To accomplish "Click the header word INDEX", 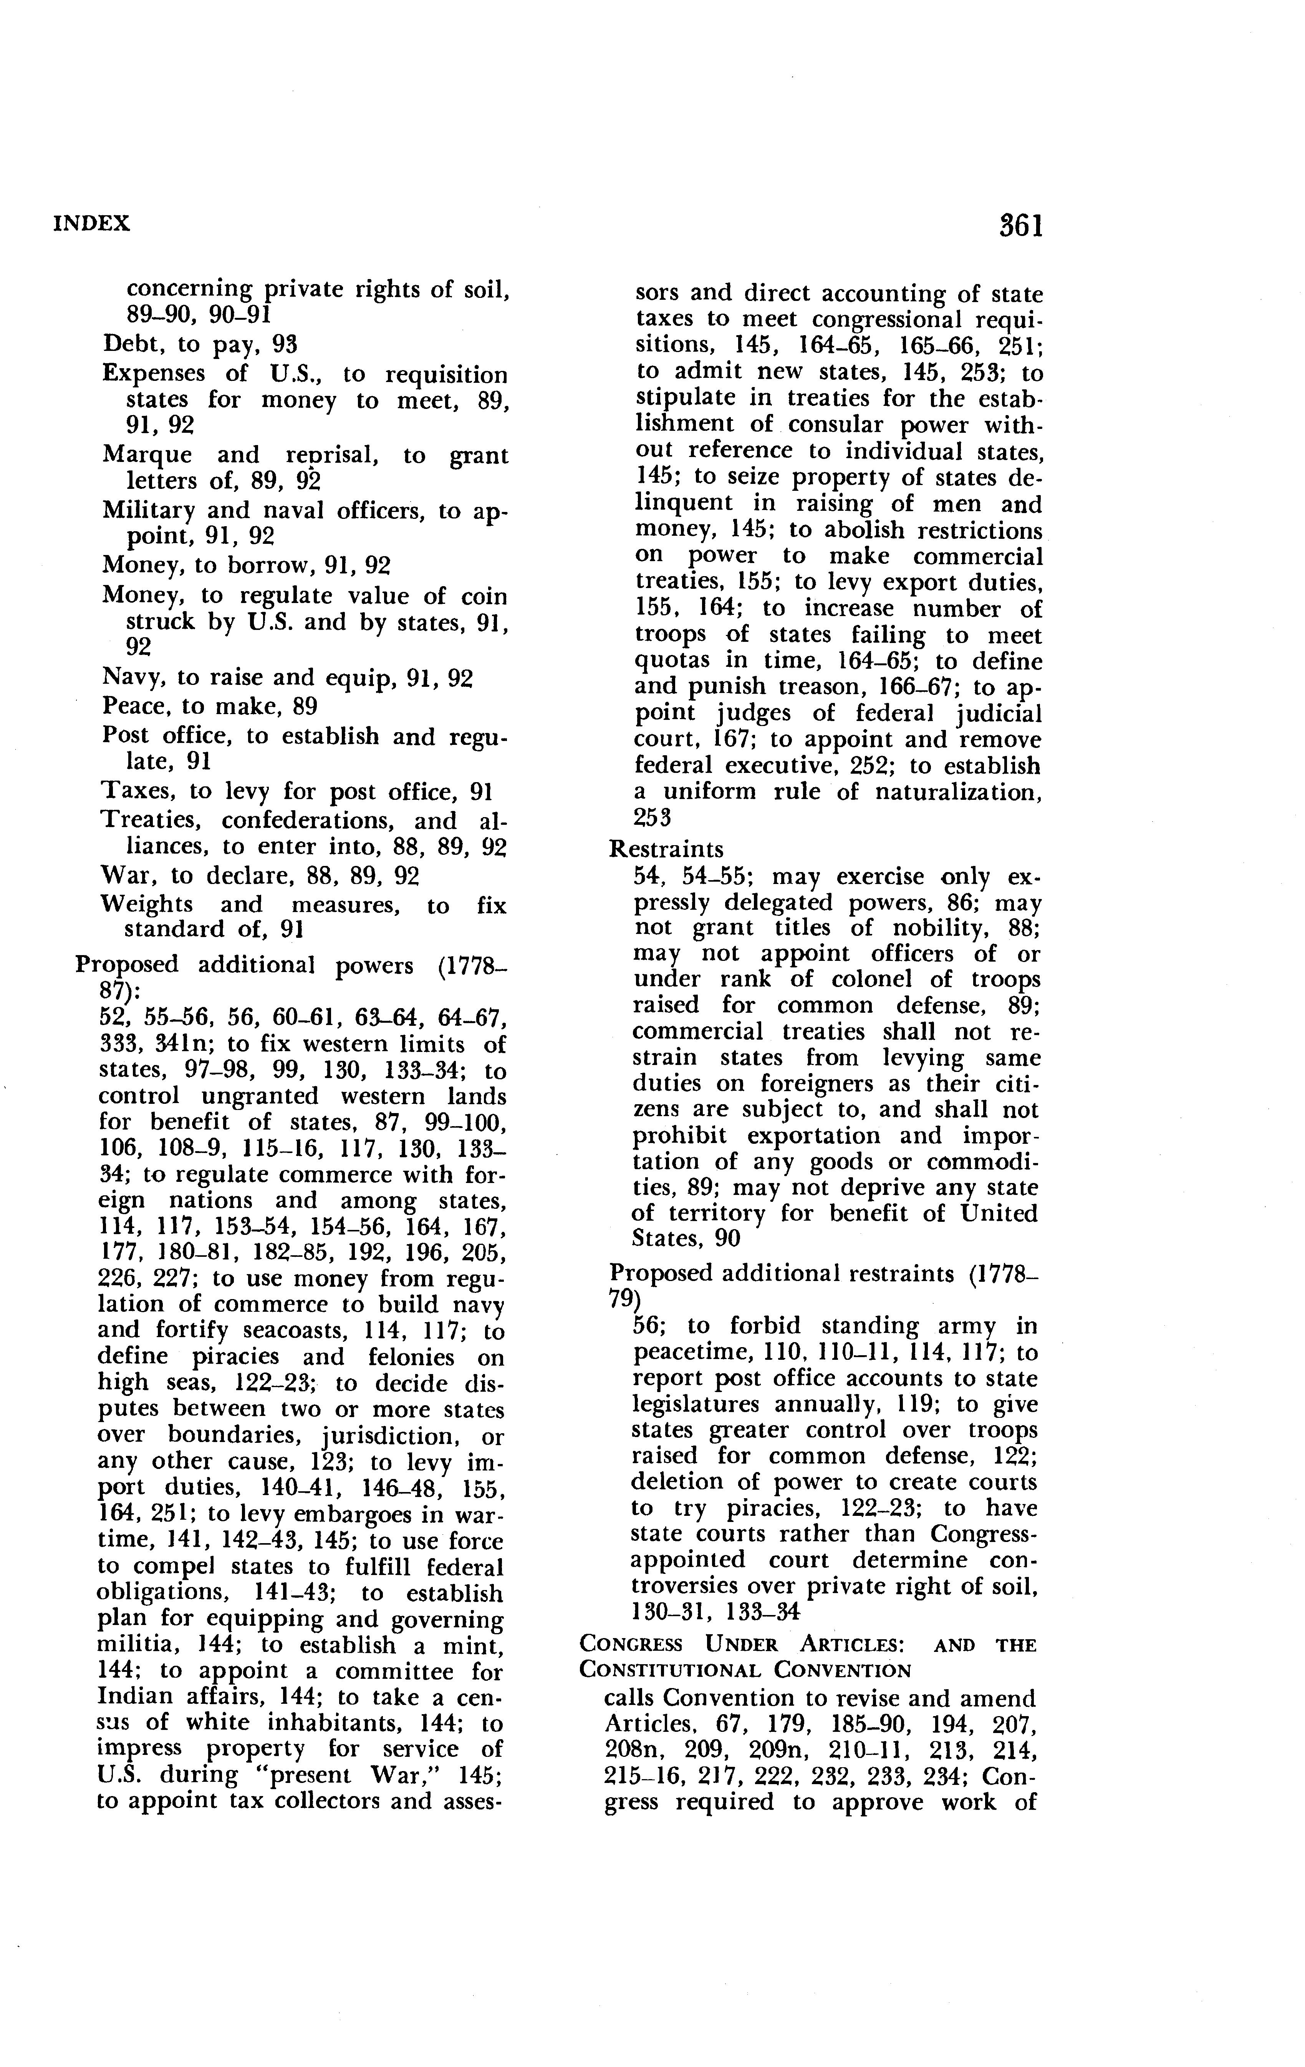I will [x=92, y=224].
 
